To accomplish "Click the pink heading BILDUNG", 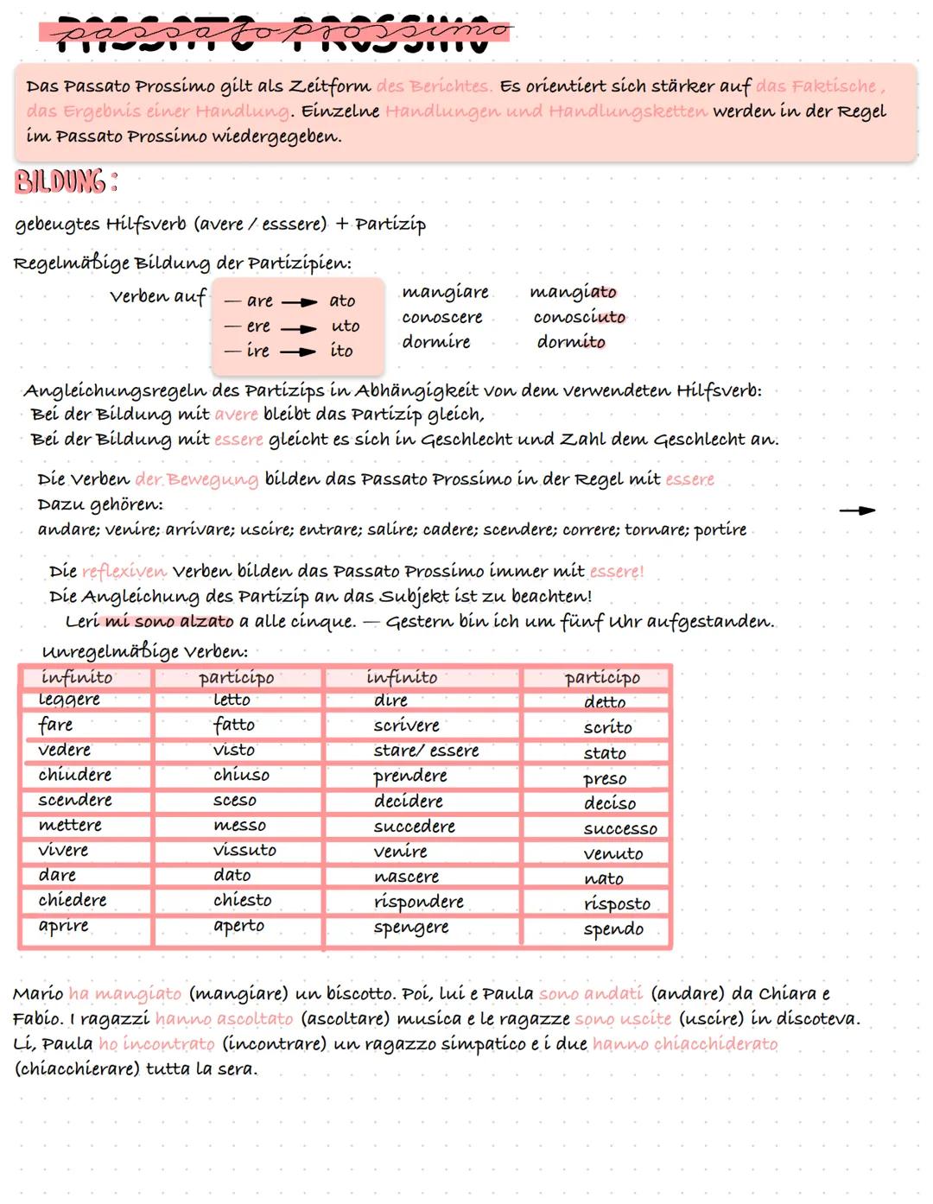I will click(66, 183).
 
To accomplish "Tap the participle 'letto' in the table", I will click(232, 700).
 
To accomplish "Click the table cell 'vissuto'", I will click(244, 850).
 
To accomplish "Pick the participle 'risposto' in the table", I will click(617, 903).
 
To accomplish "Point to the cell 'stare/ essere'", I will click(426, 751).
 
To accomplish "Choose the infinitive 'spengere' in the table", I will click(411, 928).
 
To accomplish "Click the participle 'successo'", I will click(620, 829).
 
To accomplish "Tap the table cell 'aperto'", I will click(238, 925).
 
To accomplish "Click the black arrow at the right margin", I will click(857, 510).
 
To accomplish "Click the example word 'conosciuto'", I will click(579, 317).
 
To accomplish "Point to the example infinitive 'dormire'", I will click(436, 342).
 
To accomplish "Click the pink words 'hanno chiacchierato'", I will click(685, 1044).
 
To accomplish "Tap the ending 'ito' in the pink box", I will click(342, 351).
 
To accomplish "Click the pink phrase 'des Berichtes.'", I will click(435, 86).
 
